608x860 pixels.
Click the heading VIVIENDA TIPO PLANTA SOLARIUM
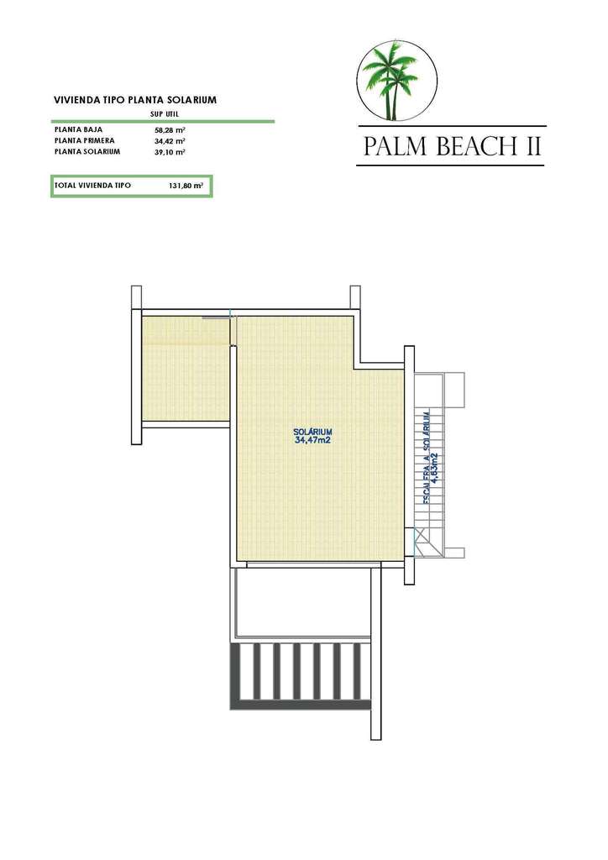[135, 99]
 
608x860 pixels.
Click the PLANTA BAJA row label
[78, 131]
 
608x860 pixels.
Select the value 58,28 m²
[170, 131]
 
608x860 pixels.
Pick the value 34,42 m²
[170, 141]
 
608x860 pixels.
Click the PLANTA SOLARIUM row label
[87, 152]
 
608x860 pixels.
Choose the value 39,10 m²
[170, 152]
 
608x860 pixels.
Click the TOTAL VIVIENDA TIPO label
[92, 185]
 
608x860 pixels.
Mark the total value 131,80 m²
[186, 185]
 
